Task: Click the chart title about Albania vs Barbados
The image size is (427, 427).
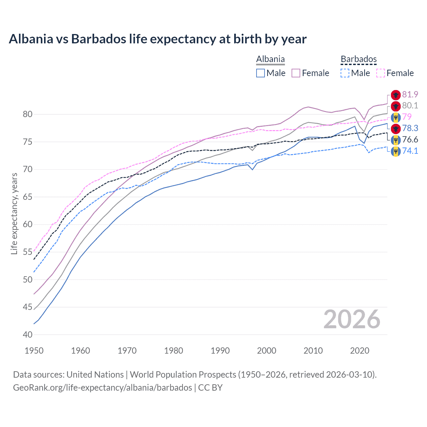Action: [157, 39]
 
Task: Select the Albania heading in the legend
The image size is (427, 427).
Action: [270, 59]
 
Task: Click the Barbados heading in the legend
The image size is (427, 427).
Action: [359, 59]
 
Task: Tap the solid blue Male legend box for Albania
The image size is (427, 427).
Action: [261, 73]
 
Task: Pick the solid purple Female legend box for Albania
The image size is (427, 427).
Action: [296, 73]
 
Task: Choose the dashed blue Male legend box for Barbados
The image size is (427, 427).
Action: [345, 73]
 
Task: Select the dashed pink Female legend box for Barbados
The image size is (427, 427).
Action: [381, 73]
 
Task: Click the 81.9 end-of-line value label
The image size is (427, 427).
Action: [410, 95]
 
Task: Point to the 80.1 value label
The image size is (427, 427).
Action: [410, 106]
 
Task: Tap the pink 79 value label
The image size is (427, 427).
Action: [407, 117]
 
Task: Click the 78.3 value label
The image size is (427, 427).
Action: [410, 128]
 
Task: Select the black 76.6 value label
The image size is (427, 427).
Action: [410, 139]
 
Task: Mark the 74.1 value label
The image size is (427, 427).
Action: [410, 151]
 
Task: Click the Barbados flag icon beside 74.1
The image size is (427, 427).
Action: [396, 151]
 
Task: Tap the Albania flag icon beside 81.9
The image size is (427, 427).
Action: [396, 95]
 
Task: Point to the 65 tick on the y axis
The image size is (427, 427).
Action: [28, 197]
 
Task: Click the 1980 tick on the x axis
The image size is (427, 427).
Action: [174, 351]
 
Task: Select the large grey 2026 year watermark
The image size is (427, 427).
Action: [352, 319]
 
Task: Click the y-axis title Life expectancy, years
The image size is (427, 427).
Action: [14, 213]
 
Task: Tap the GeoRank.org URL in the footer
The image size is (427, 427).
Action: [102, 388]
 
